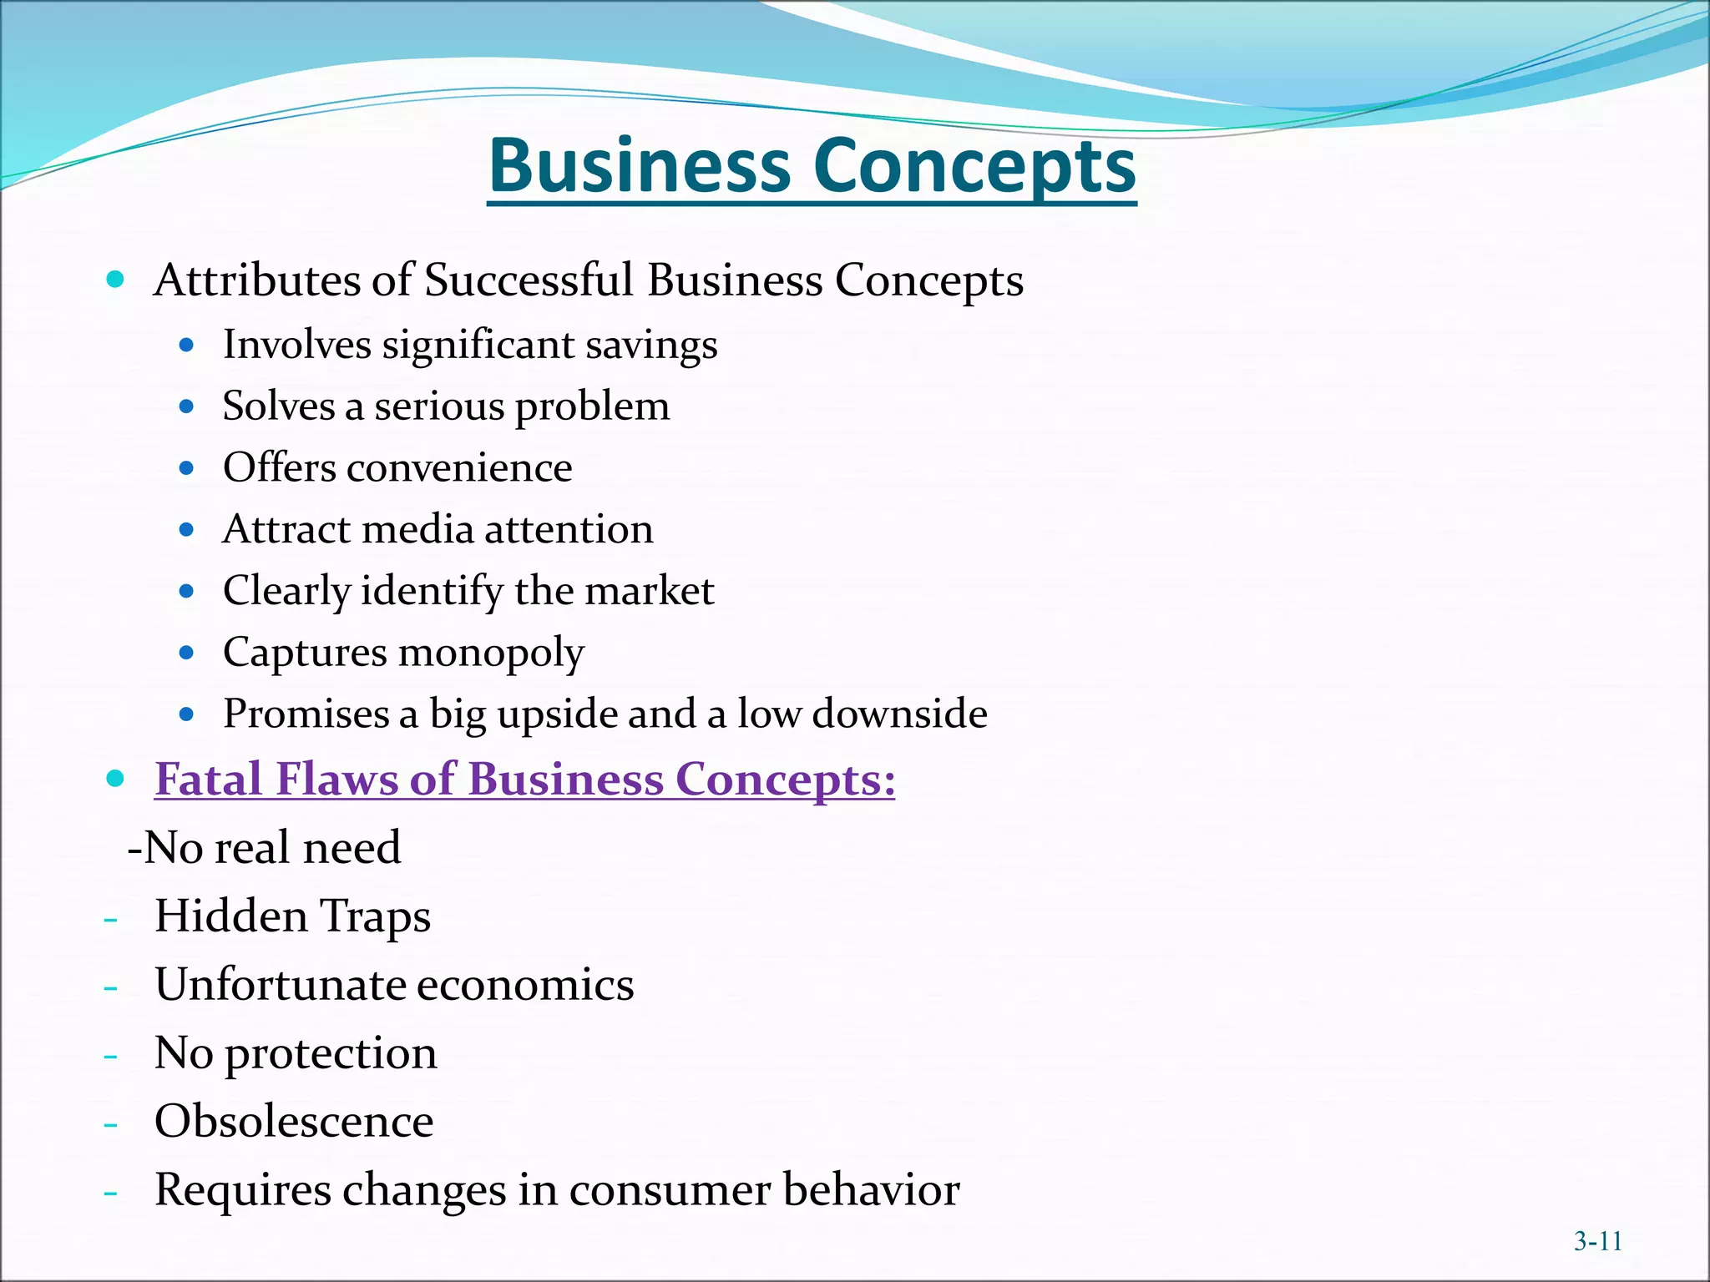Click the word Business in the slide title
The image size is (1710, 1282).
[x=640, y=165]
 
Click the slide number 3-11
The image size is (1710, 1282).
[x=1597, y=1241]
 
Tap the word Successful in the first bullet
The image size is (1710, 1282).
[x=529, y=280]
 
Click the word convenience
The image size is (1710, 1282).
[x=459, y=467]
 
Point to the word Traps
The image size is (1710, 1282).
[x=376, y=916]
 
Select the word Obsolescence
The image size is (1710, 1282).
[x=294, y=1121]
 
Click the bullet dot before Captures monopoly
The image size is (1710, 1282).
[x=186, y=652]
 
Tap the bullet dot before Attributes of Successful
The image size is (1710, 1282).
[x=115, y=279]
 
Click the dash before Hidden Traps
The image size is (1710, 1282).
[x=110, y=920]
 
